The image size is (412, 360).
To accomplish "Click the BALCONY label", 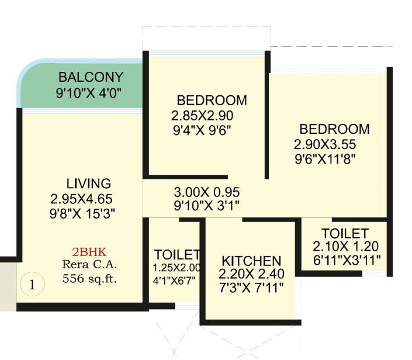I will pos(91,77).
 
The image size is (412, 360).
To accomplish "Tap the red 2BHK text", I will pos(89,252).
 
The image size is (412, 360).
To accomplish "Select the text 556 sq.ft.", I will pos(89,278).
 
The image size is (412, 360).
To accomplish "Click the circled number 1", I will pos(33,285).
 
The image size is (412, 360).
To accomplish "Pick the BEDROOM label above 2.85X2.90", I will pos(212,100).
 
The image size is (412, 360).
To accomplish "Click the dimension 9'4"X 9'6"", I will pos(202,130).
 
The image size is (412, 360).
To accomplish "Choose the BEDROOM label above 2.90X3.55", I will pos(334,129).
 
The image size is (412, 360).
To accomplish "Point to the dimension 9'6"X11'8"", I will pos(326,158).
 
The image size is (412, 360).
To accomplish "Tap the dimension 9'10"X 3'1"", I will pos(207,206).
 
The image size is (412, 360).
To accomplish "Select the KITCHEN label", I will pos(251,261).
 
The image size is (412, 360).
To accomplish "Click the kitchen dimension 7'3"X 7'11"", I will pos(251,286).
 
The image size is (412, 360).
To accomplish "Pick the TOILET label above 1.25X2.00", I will pos(178,255).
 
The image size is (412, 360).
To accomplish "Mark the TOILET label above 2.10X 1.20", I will pos(344,233).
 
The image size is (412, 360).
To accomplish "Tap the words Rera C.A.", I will pos(89,265).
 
